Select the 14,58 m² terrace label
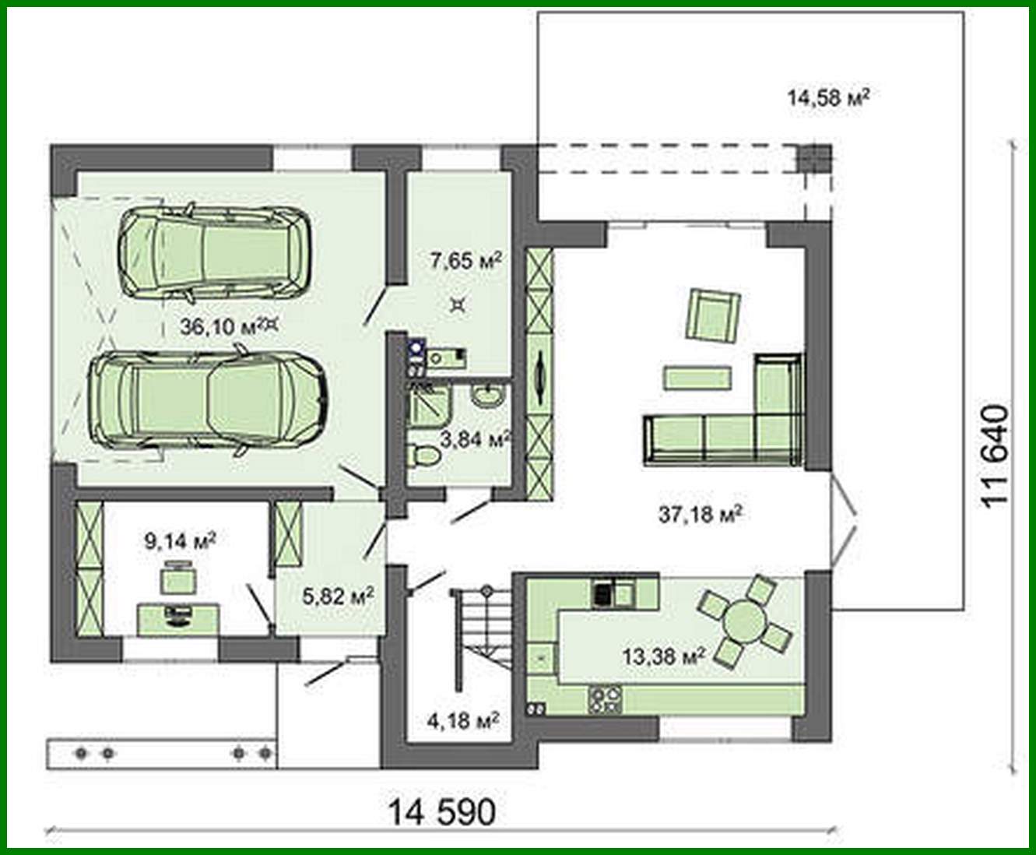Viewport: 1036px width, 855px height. click(827, 97)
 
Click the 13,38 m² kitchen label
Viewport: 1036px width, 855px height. click(663, 656)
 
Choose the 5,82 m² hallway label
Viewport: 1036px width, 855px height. click(338, 596)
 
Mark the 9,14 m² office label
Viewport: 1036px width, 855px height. click(180, 540)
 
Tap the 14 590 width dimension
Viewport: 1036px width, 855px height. click(441, 812)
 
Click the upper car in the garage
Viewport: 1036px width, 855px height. click(214, 252)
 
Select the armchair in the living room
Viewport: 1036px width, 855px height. click(712, 315)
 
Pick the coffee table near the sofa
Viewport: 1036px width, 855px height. click(697, 378)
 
